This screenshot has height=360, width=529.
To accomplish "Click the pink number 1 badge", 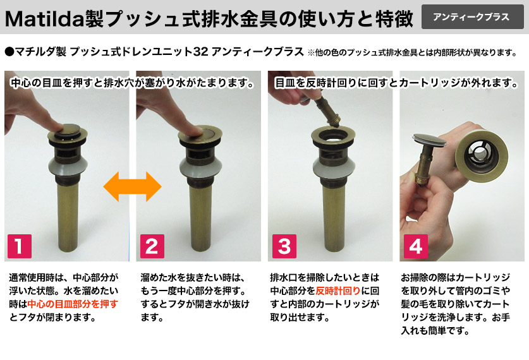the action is coord(20,246).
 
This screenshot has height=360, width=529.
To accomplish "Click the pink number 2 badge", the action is coord(152,246).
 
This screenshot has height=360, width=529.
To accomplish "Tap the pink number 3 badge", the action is coord(284,246).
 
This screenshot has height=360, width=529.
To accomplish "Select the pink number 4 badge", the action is coord(416,246).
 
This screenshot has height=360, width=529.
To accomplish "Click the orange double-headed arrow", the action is coord(132,186).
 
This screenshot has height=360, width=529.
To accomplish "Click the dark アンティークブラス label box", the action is coord(472,17).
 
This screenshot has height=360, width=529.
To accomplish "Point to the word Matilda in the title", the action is coord(44,18).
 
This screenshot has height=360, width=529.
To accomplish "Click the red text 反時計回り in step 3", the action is coord(338,291).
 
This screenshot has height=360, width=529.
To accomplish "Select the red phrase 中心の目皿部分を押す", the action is coord(73,304).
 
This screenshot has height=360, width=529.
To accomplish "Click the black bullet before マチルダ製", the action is coord(9,52).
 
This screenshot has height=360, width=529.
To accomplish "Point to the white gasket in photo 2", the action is coord(200,167).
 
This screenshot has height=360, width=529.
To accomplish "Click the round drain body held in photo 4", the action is coord(482,153).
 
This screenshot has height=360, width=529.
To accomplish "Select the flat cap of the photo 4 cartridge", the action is coord(429,139).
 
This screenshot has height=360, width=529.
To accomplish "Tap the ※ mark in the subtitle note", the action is coord(311,52).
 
